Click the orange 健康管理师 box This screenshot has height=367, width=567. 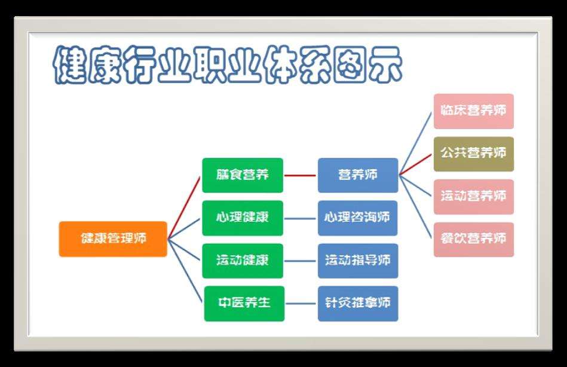pos(113,239)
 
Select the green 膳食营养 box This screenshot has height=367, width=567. pos(243,175)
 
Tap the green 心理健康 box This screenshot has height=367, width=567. pos(243,218)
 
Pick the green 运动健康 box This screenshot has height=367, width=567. pos(243,261)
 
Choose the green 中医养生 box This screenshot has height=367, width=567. pos(244,303)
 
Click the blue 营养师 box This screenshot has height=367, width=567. pos(358,175)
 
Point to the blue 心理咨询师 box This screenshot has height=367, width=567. pos(358,218)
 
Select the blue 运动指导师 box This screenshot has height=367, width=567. pos(358,261)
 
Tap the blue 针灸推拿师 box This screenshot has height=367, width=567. pos(358,303)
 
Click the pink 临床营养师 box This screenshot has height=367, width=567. pos(474,111)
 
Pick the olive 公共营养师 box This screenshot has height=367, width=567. pos(474,154)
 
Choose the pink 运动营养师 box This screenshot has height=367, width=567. pos(474,197)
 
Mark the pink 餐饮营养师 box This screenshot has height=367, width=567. pos(474,239)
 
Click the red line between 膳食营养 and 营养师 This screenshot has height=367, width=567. pos(300,176)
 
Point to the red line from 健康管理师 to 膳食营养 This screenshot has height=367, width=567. pos(184,208)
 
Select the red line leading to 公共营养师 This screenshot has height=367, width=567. pos(415,164)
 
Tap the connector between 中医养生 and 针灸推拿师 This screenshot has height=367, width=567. pos(301,303)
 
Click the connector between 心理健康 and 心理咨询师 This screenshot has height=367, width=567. pos(300,218)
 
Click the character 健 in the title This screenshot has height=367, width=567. pos(70,65)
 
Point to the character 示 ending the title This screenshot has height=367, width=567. pos(384,65)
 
